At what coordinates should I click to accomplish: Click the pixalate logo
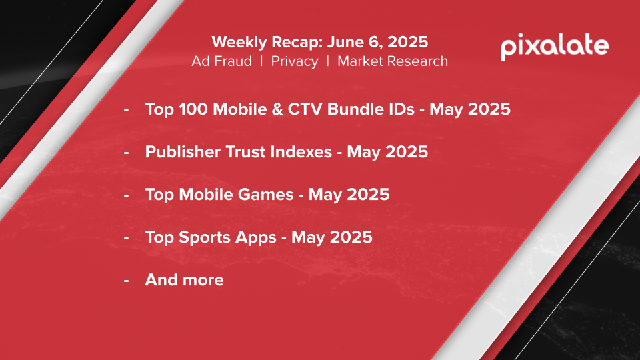point(555,47)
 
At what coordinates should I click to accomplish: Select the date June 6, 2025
point(377,42)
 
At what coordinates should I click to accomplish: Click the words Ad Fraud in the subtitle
point(221,61)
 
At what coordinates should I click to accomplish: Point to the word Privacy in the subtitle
point(295,61)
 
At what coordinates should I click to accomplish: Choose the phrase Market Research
point(393,61)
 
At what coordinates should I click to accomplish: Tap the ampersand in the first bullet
point(277,109)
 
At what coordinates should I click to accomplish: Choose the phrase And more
point(185,280)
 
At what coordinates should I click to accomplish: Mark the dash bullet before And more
point(127,281)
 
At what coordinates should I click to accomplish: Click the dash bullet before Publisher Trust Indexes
point(127,153)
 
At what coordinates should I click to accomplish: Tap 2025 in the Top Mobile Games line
point(368,195)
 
